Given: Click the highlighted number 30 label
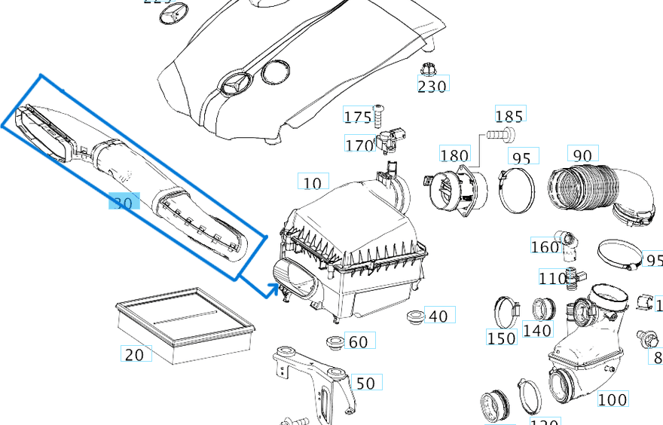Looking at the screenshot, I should (124, 202).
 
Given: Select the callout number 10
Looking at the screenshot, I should (313, 182).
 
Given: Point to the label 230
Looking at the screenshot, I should (432, 86).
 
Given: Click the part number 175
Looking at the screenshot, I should (357, 117).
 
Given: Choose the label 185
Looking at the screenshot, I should (509, 116).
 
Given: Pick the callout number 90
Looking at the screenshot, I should (582, 155).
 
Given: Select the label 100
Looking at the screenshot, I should (612, 399).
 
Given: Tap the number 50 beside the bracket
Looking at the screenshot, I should (365, 384).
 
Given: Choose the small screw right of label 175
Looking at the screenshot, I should (378, 116).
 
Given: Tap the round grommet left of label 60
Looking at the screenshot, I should (334, 343).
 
